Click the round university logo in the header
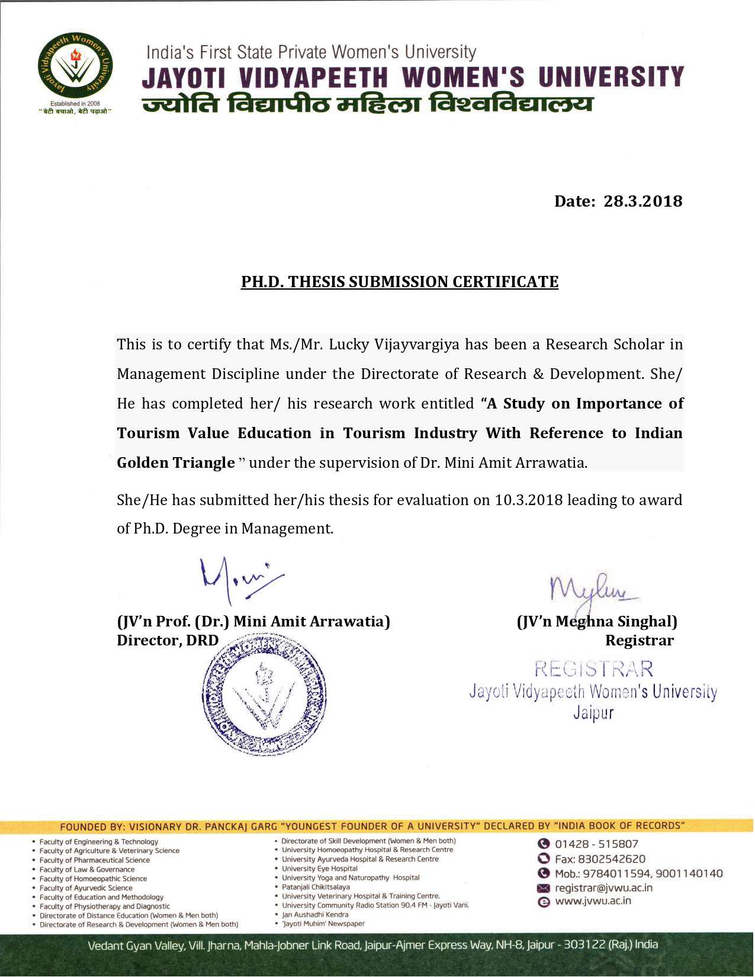pos(75,66)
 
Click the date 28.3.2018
pos(642,201)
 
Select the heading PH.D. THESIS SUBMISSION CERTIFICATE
pos(400,282)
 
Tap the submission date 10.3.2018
pos(529,500)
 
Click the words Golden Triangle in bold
pos(176,463)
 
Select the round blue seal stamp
pos(264,694)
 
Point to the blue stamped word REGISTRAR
pos(594,669)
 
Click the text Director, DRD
pos(168,641)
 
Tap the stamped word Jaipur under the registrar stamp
pos(593,712)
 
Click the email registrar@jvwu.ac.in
pos(603,888)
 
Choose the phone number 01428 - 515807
pos(596,844)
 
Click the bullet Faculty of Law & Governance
pos(87,870)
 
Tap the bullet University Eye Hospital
pos(320,869)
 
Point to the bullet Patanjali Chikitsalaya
pos(316,887)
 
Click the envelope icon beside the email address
pos(544,888)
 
